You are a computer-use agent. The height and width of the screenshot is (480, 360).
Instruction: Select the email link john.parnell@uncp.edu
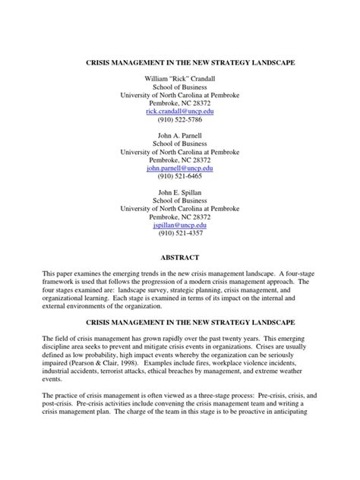pyautogui.click(x=179, y=169)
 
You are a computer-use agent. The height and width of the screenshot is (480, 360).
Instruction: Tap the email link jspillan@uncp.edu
pyautogui.click(x=179, y=226)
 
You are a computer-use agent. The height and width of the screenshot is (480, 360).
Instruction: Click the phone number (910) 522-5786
pyautogui.click(x=179, y=120)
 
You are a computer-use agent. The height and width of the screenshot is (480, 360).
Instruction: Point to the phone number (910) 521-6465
pyautogui.click(x=179, y=179)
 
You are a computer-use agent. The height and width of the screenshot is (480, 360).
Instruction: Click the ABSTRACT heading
pyautogui.click(x=179, y=257)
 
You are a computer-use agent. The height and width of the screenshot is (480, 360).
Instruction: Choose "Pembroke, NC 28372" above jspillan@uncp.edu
pyautogui.click(x=179, y=217)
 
